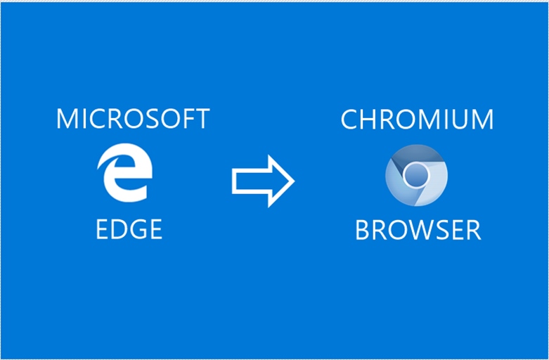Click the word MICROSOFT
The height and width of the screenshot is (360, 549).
pos(133,119)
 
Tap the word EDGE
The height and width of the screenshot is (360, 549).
pos(129,229)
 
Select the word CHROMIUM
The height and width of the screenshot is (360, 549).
pos(417,120)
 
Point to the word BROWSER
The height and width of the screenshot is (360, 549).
pos(418,230)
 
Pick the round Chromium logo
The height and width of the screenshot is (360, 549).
pos(416,175)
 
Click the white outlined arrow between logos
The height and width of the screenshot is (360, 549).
pos(262,181)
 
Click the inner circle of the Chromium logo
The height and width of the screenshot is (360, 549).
pos(417,174)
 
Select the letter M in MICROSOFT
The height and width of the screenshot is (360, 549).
pos(66,119)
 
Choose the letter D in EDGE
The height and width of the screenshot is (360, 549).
pos(118,229)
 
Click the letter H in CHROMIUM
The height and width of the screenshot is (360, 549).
pos(368,120)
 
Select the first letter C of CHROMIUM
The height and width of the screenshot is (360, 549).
pos(349,120)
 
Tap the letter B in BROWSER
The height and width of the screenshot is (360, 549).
pos(363,230)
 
